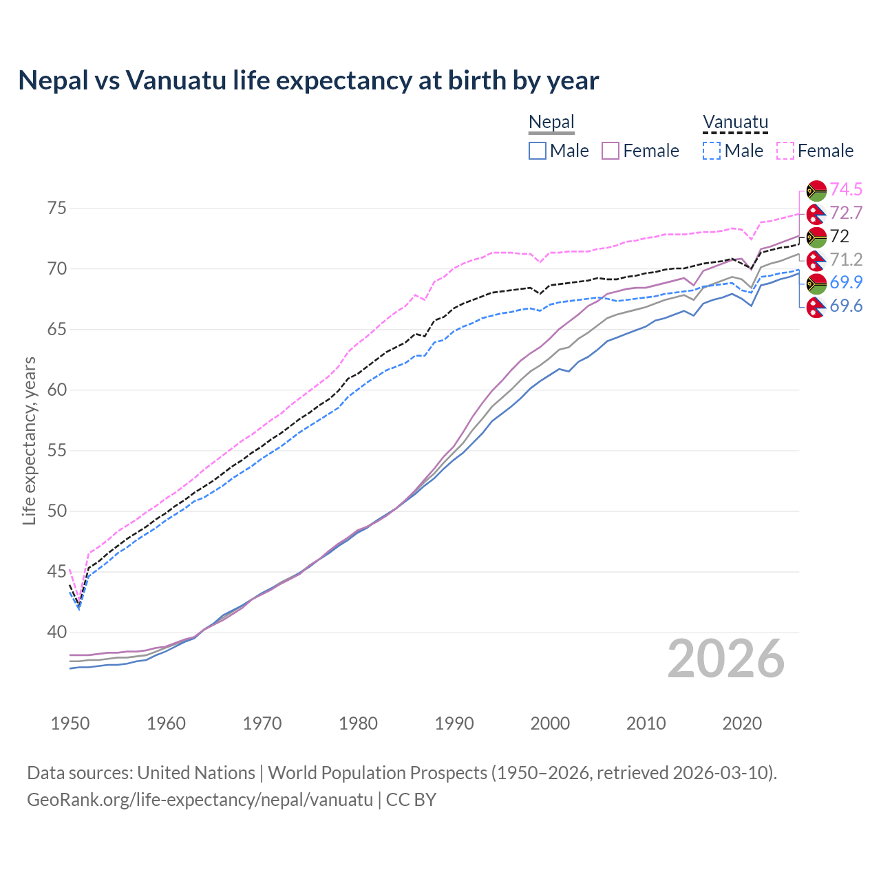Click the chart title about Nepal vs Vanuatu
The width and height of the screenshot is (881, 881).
[x=308, y=81]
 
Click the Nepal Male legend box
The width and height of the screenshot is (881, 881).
[x=538, y=151]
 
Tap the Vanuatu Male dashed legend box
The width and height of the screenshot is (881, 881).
[x=712, y=151]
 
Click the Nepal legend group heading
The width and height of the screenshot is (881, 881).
[x=551, y=123]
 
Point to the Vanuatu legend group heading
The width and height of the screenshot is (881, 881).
[x=735, y=123]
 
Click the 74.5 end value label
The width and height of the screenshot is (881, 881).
[x=846, y=189]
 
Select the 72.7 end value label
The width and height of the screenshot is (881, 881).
[x=846, y=213]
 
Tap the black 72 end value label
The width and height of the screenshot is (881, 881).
[x=839, y=236]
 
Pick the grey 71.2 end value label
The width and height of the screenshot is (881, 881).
[x=846, y=259]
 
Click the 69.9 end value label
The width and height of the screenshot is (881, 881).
[x=846, y=282]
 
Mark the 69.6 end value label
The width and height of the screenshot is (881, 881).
[x=846, y=306]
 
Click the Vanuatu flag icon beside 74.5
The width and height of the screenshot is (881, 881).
[x=816, y=190]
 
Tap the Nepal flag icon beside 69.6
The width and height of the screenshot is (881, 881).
[x=816, y=307]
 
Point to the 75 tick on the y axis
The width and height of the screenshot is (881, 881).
[x=57, y=208]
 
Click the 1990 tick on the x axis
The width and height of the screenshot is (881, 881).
[x=454, y=723]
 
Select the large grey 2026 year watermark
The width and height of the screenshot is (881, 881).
[x=726, y=659]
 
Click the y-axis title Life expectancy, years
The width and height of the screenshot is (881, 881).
[x=29, y=440]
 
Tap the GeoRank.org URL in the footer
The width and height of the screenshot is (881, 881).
[x=200, y=800]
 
